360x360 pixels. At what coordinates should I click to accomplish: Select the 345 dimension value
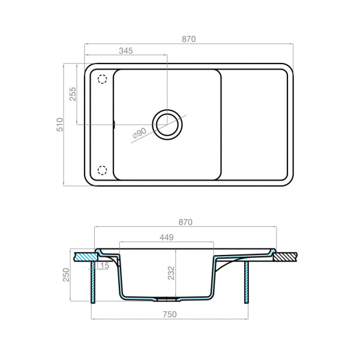(x=125, y=51)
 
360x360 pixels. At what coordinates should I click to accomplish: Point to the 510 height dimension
(x=59, y=125)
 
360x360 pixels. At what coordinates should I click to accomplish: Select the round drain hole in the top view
(x=167, y=124)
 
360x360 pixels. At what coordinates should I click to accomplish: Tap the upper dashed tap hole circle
(x=101, y=79)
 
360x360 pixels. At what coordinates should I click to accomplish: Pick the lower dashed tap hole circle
(x=101, y=170)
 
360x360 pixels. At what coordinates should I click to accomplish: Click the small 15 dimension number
(x=105, y=266)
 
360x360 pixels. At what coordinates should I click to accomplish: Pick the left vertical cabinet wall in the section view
(x=93, y=282)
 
